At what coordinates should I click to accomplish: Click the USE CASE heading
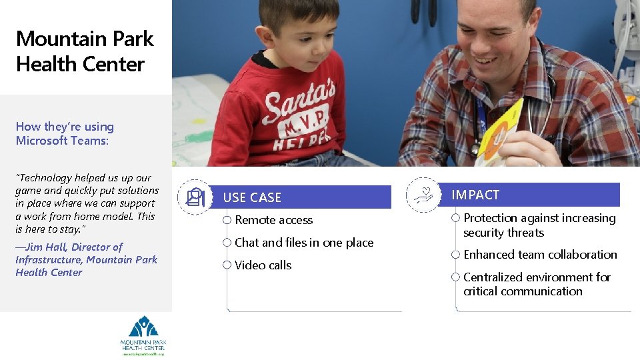[x=252, y=197]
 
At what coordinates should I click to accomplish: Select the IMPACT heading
[x=475, y=195]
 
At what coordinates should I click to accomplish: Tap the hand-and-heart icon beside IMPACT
[x=423, y=195]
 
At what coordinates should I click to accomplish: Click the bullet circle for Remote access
[x=227, y=220]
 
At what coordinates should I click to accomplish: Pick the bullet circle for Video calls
[x=227, y=265]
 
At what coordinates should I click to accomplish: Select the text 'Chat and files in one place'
[x=304, y=243]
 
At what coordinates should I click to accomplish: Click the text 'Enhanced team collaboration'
[x=540, y=255]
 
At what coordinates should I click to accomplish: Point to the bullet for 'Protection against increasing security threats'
[x=456, y=218]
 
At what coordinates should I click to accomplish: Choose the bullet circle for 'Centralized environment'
[x=456, y=277]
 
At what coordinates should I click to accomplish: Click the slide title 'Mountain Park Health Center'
[x=84, y=51]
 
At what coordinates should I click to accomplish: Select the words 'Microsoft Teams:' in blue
[x=62, y=141]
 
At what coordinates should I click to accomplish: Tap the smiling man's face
[x=494, y=33]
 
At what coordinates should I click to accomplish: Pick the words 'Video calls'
[x=263, y=265]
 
